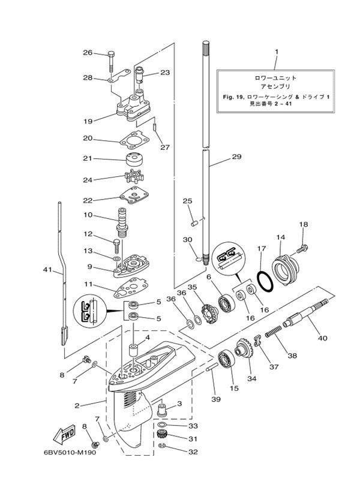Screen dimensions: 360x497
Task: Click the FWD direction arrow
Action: [64, 434]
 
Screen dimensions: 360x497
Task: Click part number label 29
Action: [236, 156]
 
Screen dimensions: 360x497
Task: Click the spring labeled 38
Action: [273, 332]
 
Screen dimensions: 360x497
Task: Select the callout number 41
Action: [47, 270]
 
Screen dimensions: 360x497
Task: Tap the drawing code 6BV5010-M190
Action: [70, 452]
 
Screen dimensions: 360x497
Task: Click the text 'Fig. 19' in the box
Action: [232, 97]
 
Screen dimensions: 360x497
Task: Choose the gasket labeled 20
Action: [134, 141]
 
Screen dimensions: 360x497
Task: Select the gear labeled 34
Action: [244, 351]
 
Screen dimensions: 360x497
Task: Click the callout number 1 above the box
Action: [276, 52]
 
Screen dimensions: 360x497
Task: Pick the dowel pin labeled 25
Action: [194, 224]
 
